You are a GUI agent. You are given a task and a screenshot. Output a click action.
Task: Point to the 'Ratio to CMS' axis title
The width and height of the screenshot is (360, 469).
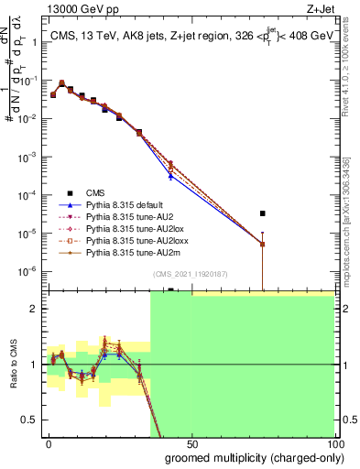click(13, 365)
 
